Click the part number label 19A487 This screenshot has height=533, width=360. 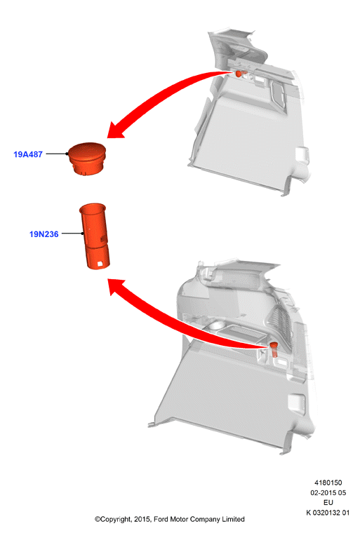click(28, 154)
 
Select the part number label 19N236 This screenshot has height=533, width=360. click(44, 234)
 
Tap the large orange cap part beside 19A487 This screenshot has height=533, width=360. click(87, 158)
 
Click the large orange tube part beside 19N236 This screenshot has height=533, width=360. click(95, 236)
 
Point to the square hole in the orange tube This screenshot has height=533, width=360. click(100, 264)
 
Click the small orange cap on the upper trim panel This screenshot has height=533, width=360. click(239, 74)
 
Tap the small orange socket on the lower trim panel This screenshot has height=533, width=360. click(274, 350)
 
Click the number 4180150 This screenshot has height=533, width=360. click(328, 483)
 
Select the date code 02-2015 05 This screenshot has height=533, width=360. click(328, 492)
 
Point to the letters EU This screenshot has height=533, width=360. click(328, 502)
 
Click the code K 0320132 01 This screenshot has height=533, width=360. click(328, 513)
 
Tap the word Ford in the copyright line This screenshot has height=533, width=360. click(161, 520)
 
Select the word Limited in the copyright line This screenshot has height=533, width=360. click(234, 520)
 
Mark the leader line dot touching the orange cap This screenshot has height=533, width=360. click(67, 154)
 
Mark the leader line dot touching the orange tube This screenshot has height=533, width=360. click(83, 234)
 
